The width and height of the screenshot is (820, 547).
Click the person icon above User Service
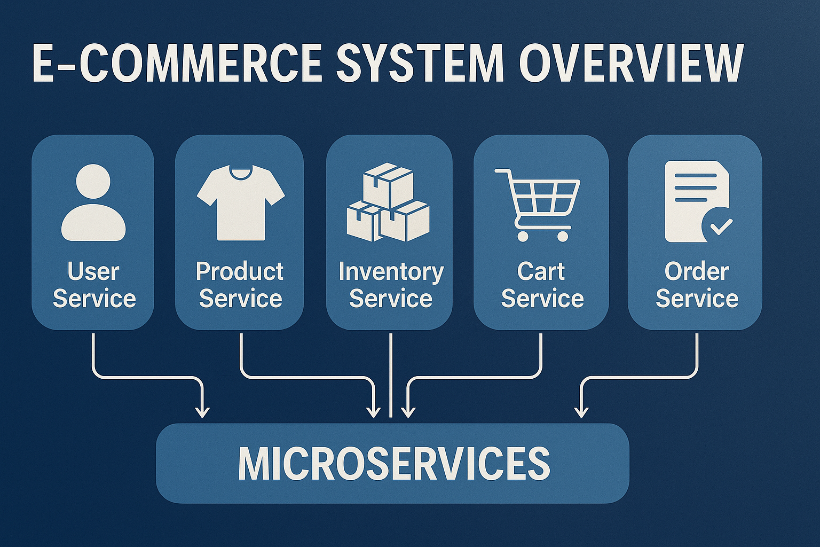point(93,203)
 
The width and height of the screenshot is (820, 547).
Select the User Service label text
point(94,285)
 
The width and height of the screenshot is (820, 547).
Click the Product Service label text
point(240,285)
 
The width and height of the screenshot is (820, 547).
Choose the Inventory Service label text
point(391,285)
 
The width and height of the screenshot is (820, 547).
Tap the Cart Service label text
point(542,285)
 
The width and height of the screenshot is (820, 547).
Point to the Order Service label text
point(697,285)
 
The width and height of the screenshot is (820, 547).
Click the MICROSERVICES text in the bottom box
point(394,463)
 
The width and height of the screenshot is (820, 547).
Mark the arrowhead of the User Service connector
point(202,412)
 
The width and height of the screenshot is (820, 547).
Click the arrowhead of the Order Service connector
point(581,412)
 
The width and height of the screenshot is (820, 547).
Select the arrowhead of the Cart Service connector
point(408,412)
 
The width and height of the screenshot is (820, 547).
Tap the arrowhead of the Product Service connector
point(374,412)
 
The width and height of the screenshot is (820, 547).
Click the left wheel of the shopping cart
point(523,236)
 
